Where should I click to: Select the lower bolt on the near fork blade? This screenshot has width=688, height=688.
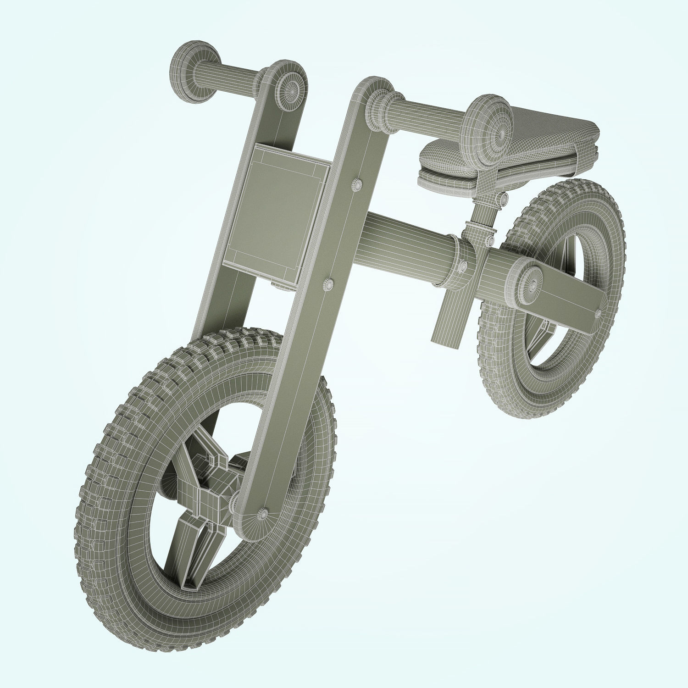tap(329, 283)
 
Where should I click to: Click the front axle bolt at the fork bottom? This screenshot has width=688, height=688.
tap(263, 514)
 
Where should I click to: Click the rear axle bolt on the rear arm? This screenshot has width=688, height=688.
tap(598, 314)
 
